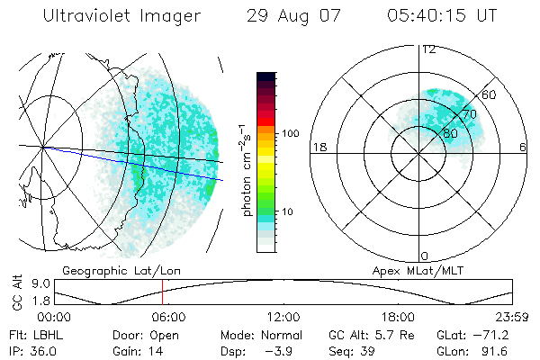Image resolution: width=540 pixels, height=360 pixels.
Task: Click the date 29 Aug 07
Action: [286, 16]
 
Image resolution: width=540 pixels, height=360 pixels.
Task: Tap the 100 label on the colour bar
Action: [291, 133]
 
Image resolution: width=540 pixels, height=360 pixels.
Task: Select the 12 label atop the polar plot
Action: [428, 49]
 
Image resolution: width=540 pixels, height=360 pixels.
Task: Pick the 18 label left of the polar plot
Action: [318, 147]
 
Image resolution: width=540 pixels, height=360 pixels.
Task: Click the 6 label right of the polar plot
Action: [523, 147]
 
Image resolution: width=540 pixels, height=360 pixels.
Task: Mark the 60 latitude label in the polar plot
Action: [490, 94]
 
